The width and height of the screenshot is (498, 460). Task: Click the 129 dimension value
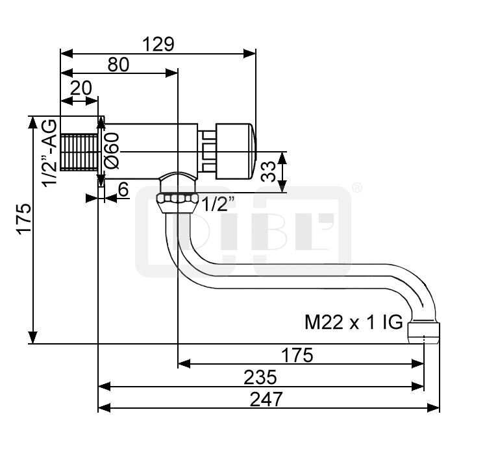coord(158,44)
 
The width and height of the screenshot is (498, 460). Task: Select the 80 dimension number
coord(118,64)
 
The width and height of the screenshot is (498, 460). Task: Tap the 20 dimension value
coord(81,88)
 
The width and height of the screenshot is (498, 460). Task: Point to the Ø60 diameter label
coord(112,151)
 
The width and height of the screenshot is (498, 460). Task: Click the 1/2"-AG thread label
coord(50,153)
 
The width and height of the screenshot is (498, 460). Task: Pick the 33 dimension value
coord(268,172)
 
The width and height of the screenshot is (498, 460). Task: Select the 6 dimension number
coord(123,189)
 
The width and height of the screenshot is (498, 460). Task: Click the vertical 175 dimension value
coord(25,219)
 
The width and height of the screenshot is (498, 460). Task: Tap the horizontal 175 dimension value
coord(297,356)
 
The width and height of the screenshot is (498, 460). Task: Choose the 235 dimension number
coord(260,378)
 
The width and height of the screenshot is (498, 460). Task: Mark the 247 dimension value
coord(266,400)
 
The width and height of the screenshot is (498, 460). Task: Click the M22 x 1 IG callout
coord(353,322)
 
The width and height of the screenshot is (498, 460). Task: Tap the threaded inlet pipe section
coord(79,152)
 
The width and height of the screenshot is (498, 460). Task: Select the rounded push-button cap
coord(236,151)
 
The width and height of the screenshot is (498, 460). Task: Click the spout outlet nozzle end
coord(423,333)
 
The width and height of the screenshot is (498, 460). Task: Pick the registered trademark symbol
coord(357,188)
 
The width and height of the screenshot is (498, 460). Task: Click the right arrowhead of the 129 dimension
coord(249,54)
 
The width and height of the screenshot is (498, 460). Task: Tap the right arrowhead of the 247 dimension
coord(433,407)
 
